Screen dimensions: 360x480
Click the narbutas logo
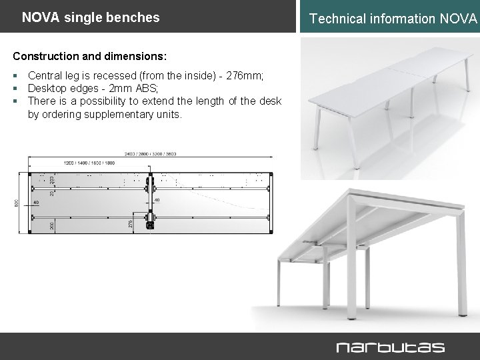390,347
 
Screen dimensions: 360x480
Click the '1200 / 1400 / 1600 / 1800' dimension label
89,162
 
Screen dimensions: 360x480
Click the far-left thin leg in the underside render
281,278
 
